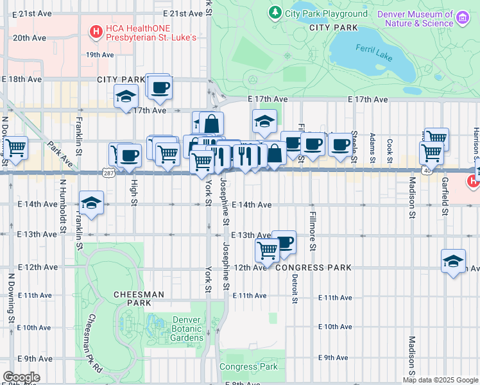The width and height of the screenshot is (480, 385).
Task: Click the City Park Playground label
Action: coord(326,13)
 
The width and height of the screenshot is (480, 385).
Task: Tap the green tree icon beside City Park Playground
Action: coord(275,12)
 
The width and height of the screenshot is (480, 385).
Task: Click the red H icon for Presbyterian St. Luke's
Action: coord(96,30)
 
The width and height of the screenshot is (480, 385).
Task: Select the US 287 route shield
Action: coord(108,173)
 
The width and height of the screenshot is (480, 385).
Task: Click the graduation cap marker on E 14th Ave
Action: coord(92,203)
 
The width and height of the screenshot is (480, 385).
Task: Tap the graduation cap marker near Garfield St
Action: coord(454,261)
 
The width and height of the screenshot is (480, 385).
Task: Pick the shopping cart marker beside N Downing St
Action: coord(15,148)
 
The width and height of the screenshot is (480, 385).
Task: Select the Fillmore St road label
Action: coord(313,231)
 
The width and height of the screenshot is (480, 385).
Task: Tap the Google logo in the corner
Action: coord(21,377)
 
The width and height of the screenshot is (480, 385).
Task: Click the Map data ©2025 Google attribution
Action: coord(440,380)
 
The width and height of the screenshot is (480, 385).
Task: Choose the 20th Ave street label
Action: coord(30,38)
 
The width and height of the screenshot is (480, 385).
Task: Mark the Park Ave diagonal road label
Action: coord(58,151)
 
